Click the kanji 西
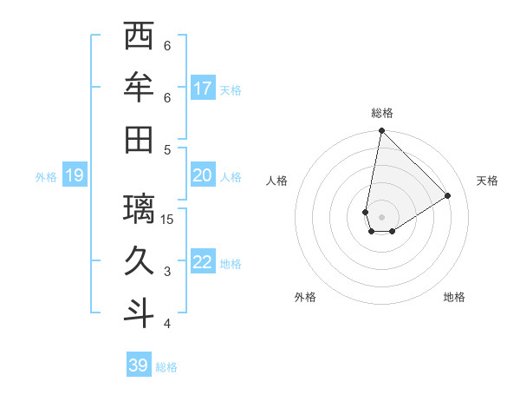[x=139, y=36]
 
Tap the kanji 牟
[x=139, y=89]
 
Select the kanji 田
[x=139, y=140]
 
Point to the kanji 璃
[x=139, y=209]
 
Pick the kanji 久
[x=139, y=261]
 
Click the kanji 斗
[x=139, y=313]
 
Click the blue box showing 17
[x=203, y=88]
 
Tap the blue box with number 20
[x=203, y=175]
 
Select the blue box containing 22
[x=203, y=262]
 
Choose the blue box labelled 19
[x=75, y=176]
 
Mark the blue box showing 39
[x=139, y=365]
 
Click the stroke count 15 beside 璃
[x=167, y=219]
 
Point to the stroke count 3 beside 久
[x=167, y=272]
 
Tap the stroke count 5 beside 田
[x=167, y=149]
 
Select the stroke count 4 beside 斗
[x=167, y=324]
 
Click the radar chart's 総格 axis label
[x=382, y=113]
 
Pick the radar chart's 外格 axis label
[x=305, y=297]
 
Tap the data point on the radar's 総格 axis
[x=381, y=131]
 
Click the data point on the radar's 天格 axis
[x=448, y=195]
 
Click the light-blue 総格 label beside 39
[x=167, y=367]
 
